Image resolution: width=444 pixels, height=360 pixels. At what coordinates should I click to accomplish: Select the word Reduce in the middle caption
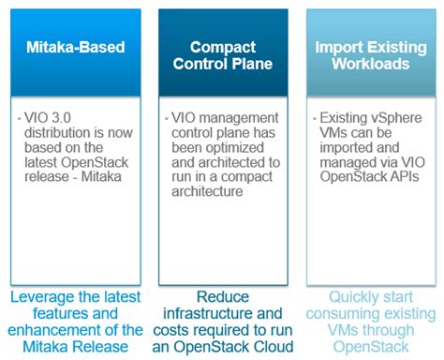(x=221, y=295)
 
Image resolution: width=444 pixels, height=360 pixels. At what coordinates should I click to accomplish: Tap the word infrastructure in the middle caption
(x=206, y=312)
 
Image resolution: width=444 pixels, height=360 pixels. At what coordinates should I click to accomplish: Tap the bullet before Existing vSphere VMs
(x=318, y=120)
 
